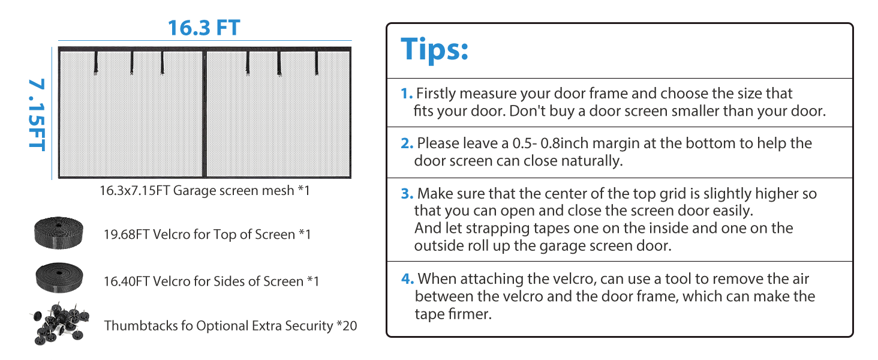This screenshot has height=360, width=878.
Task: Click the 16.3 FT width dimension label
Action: tap(204, 28)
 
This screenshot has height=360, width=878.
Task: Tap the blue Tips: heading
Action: tap(434, 49)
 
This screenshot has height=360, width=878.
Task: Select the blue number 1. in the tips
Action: tap(407, 94)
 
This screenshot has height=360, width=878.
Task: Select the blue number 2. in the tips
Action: tap(407, 143)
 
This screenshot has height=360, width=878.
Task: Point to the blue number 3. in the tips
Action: tap(407, 194)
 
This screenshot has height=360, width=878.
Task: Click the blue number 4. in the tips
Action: tap(408, 279)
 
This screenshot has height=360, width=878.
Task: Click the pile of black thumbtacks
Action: tap(57, 323)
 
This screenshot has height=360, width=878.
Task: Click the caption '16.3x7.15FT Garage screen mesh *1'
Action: tap(205, 191)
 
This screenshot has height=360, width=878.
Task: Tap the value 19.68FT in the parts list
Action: tap(127, 235)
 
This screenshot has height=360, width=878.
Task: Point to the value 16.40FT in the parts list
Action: tap(127, 281)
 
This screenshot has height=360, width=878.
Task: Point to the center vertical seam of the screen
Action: tap(204, 114)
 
